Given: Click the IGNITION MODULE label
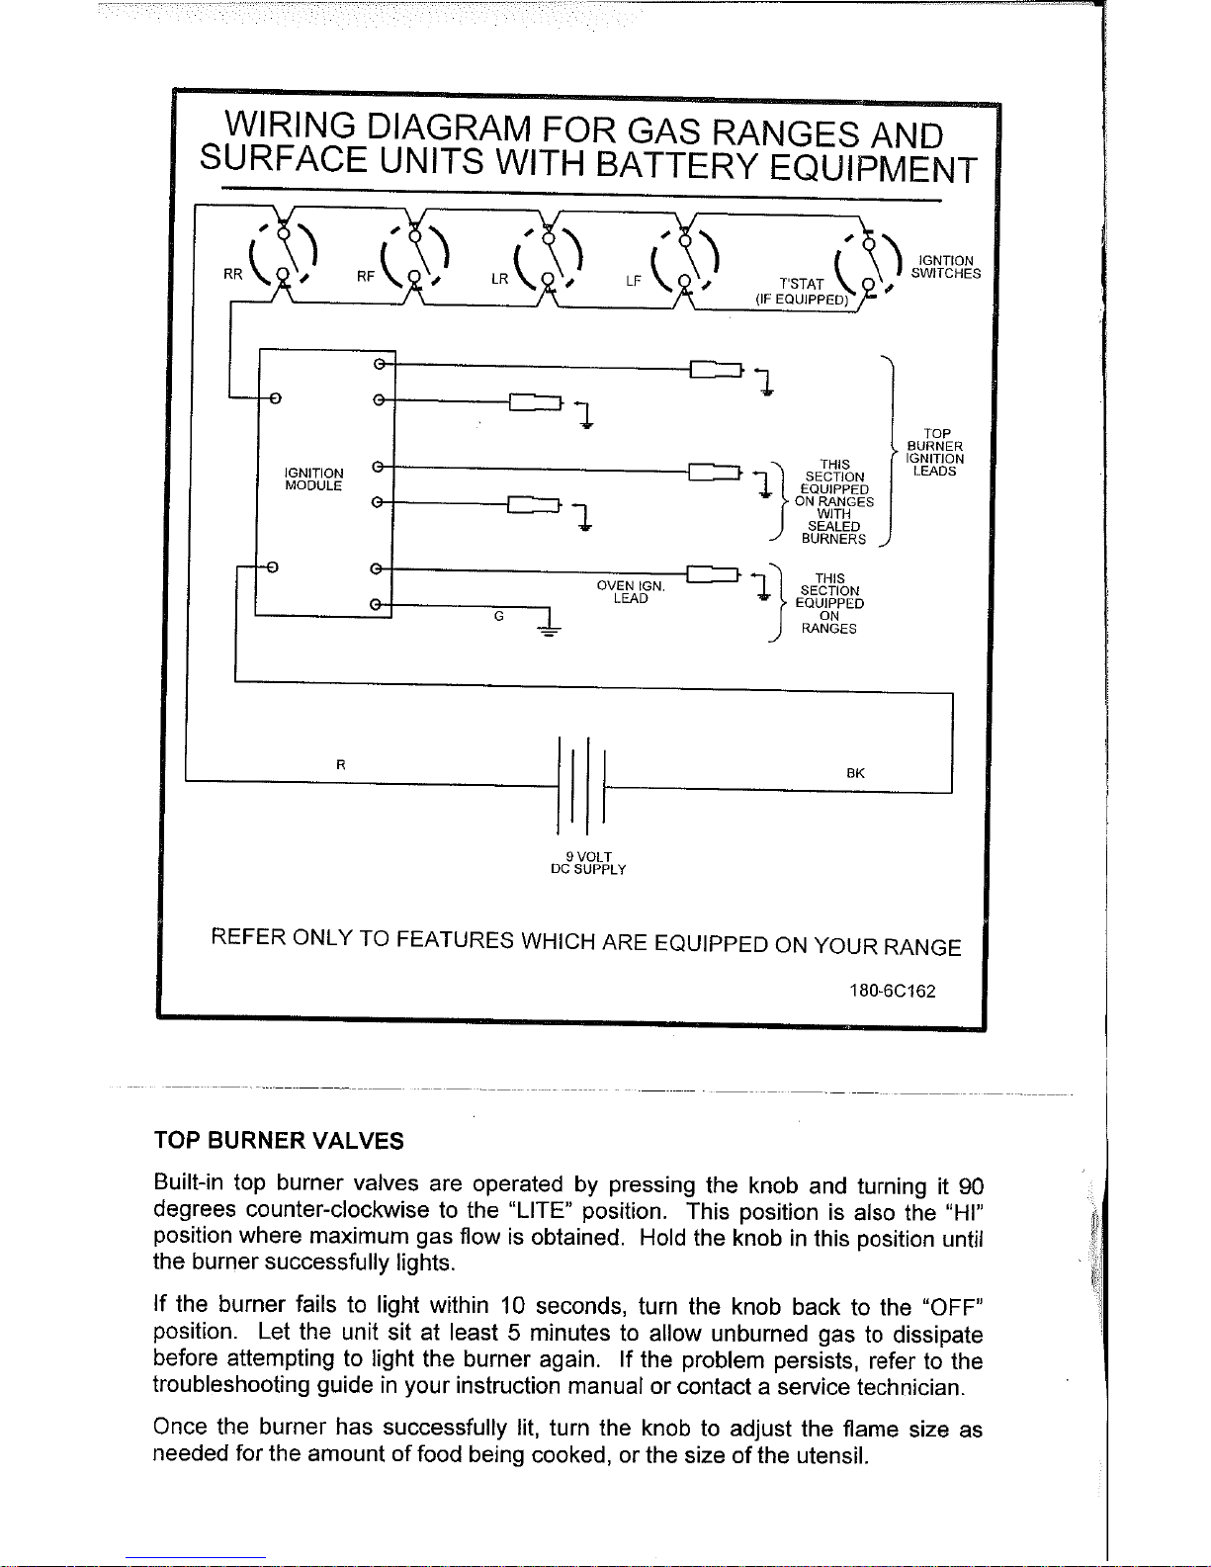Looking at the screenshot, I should click(x=313, y=479).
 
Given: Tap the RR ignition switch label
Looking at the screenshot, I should click(x=232, y=276).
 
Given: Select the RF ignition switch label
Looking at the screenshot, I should click(x=366, y=278).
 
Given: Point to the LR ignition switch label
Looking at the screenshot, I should click(x=500, y=280).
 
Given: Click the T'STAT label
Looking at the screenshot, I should click(x=801, y=285).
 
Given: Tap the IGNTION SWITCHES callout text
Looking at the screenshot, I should click(x=946, y=267).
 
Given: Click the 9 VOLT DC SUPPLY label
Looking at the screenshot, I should click(x=588, y=863).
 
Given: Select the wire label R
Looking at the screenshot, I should click(x=340, y=764).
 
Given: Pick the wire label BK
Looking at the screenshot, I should click(x=856, y=773).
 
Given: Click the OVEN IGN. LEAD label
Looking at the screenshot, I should click(x=631, y=592).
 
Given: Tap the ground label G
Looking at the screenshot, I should click(x=499, y=616).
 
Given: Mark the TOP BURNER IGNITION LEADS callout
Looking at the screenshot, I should click(x=935, y=453).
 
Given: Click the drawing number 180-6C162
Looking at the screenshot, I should click(x=892, y=991).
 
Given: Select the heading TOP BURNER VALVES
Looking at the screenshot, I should click(x=279, y=1141).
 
